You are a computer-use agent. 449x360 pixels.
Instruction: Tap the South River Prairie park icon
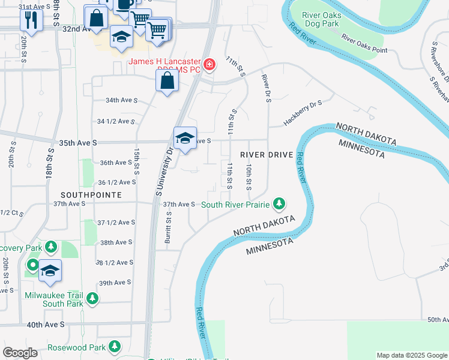(279, 205)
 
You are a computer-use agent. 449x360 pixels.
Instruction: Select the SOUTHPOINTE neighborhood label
(91, 195)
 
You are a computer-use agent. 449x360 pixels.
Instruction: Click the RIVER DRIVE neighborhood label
(267, 155)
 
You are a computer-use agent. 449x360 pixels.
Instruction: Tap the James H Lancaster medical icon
(209, 64)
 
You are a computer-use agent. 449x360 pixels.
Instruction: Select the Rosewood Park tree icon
(113, 346)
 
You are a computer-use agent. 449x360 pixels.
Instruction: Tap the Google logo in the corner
(20, 353)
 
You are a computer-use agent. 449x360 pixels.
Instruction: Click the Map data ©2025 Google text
(411, 355)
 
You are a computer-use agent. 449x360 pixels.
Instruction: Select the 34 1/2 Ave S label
(116, 121)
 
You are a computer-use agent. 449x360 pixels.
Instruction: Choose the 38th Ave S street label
(116, 242)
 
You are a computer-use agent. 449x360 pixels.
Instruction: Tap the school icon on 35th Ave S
(185, 139)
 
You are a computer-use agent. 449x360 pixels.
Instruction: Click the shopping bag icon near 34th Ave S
(167, 80)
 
